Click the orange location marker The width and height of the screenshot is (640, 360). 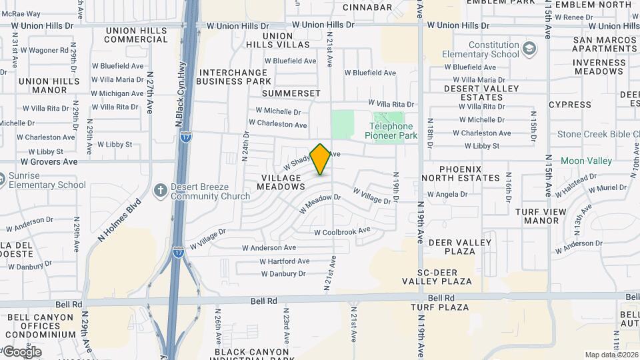(x=321, y=159)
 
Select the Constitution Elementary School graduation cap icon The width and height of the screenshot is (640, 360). (x=529, y=49)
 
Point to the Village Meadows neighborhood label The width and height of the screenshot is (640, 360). (x=281, y=183)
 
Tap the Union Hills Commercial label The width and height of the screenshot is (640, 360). (x=126, y=35)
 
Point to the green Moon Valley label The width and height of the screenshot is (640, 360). (x=586, y=161)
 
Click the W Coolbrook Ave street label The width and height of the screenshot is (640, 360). (x=342, y=231)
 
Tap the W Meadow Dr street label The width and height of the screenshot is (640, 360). (x=320, y=203)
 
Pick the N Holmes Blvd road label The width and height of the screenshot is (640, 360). (x=120, y=220)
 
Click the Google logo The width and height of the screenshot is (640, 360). (x=22, y=352)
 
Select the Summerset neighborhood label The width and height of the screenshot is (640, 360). (x=291, y=93)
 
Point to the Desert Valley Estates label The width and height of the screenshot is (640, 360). (x=472, y=93)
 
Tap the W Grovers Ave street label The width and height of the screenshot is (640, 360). (x=49, y=161)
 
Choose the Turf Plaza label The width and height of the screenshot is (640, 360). (x=441, y=307)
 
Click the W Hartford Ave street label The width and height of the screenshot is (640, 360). (x=285, y=261)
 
